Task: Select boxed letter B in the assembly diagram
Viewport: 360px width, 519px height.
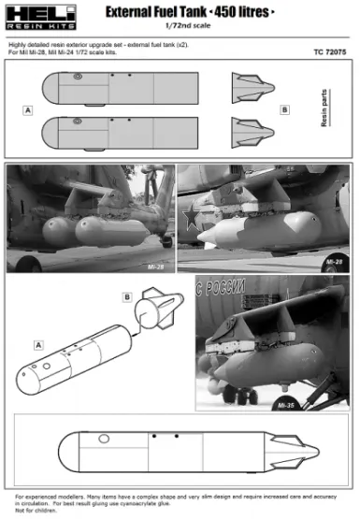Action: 125,298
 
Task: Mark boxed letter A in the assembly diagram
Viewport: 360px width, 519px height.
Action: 38,344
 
